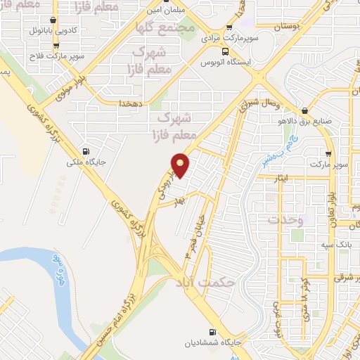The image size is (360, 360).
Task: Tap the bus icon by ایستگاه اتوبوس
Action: (x=224, y=51)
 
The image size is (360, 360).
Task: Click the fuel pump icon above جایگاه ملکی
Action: (x=86, y=151)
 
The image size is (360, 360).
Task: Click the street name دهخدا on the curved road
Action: (x=132, y=102)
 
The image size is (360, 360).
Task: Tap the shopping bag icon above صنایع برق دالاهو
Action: (x=304, y=110)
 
